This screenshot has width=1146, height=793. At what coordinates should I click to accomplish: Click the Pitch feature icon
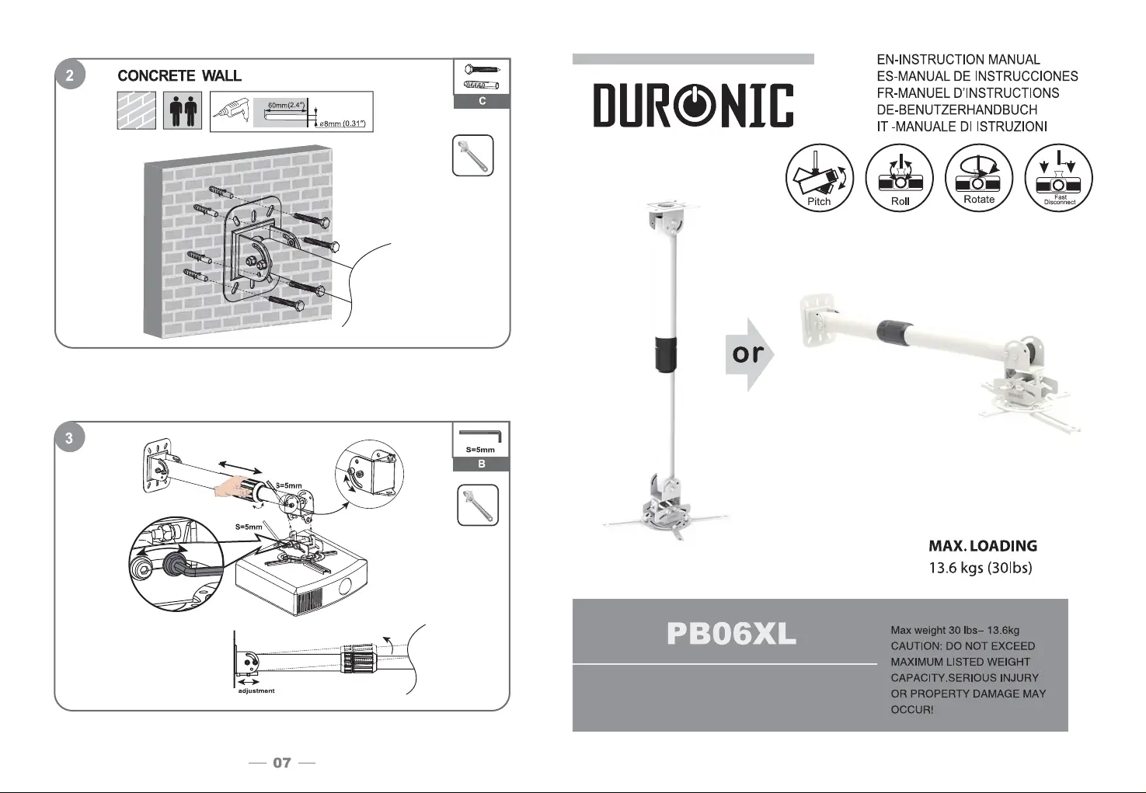coord(819,177)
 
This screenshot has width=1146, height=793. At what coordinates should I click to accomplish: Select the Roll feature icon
coord(899,177)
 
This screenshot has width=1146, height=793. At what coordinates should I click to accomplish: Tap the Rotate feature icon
coord(979,177)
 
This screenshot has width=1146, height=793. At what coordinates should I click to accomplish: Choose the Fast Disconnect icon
coord(1058,177)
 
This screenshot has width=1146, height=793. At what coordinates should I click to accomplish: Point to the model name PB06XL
coord(732,634)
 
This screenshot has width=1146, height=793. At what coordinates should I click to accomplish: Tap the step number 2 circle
coord(70,75)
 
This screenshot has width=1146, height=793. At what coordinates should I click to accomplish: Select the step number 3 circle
coord(69,437)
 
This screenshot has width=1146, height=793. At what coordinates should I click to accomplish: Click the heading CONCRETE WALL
coord(179,75)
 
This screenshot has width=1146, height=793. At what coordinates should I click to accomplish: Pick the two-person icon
coord(183,110)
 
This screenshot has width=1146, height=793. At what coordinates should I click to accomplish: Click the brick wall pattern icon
coord(137,110)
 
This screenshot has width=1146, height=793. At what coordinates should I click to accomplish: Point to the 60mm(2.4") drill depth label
coord(287,106)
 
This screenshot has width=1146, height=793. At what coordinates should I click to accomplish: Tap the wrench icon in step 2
coord(472,155)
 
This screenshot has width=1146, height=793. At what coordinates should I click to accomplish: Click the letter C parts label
coord(482,101)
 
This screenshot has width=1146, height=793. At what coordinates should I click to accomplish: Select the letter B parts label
coord(481,464)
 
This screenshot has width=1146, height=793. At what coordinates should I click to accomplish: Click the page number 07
coord(282,763)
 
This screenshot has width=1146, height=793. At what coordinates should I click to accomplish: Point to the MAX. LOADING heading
coord(983,546)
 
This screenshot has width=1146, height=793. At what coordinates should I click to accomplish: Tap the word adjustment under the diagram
coord(256,690)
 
